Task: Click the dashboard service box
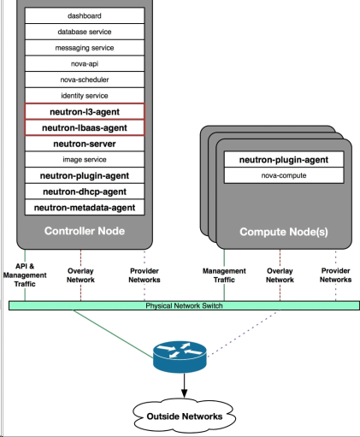(85, 15)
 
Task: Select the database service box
(85, 32)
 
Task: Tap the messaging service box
(85, 48)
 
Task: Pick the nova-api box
(85, 63)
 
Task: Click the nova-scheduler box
(85, 80)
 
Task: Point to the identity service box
(85, 96)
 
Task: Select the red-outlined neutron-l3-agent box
(85, 111)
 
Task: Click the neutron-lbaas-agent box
(85, 127)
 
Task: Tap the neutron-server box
(85, 144)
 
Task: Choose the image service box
(85, 159)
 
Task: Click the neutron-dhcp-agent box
(85, 192)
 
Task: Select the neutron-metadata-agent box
(85, 207)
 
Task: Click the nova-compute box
(284, 175)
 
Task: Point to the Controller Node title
(85, 231)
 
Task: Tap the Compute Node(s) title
(284, 232)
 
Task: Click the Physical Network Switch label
(184, 306)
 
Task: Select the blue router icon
(180, 357)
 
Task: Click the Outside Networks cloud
(185, 416)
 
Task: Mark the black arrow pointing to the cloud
(185, 386)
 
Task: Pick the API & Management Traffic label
(25, 275)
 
